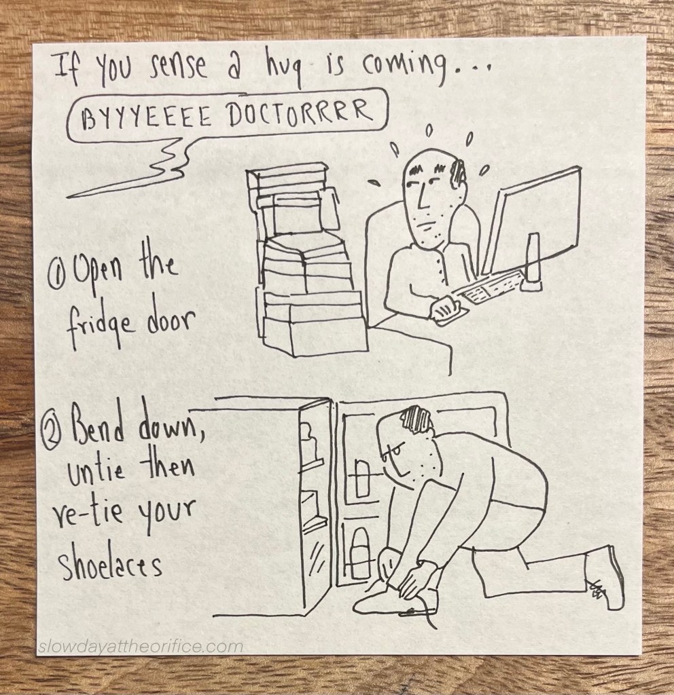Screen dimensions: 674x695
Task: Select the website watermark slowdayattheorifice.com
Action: click(141, 647)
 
